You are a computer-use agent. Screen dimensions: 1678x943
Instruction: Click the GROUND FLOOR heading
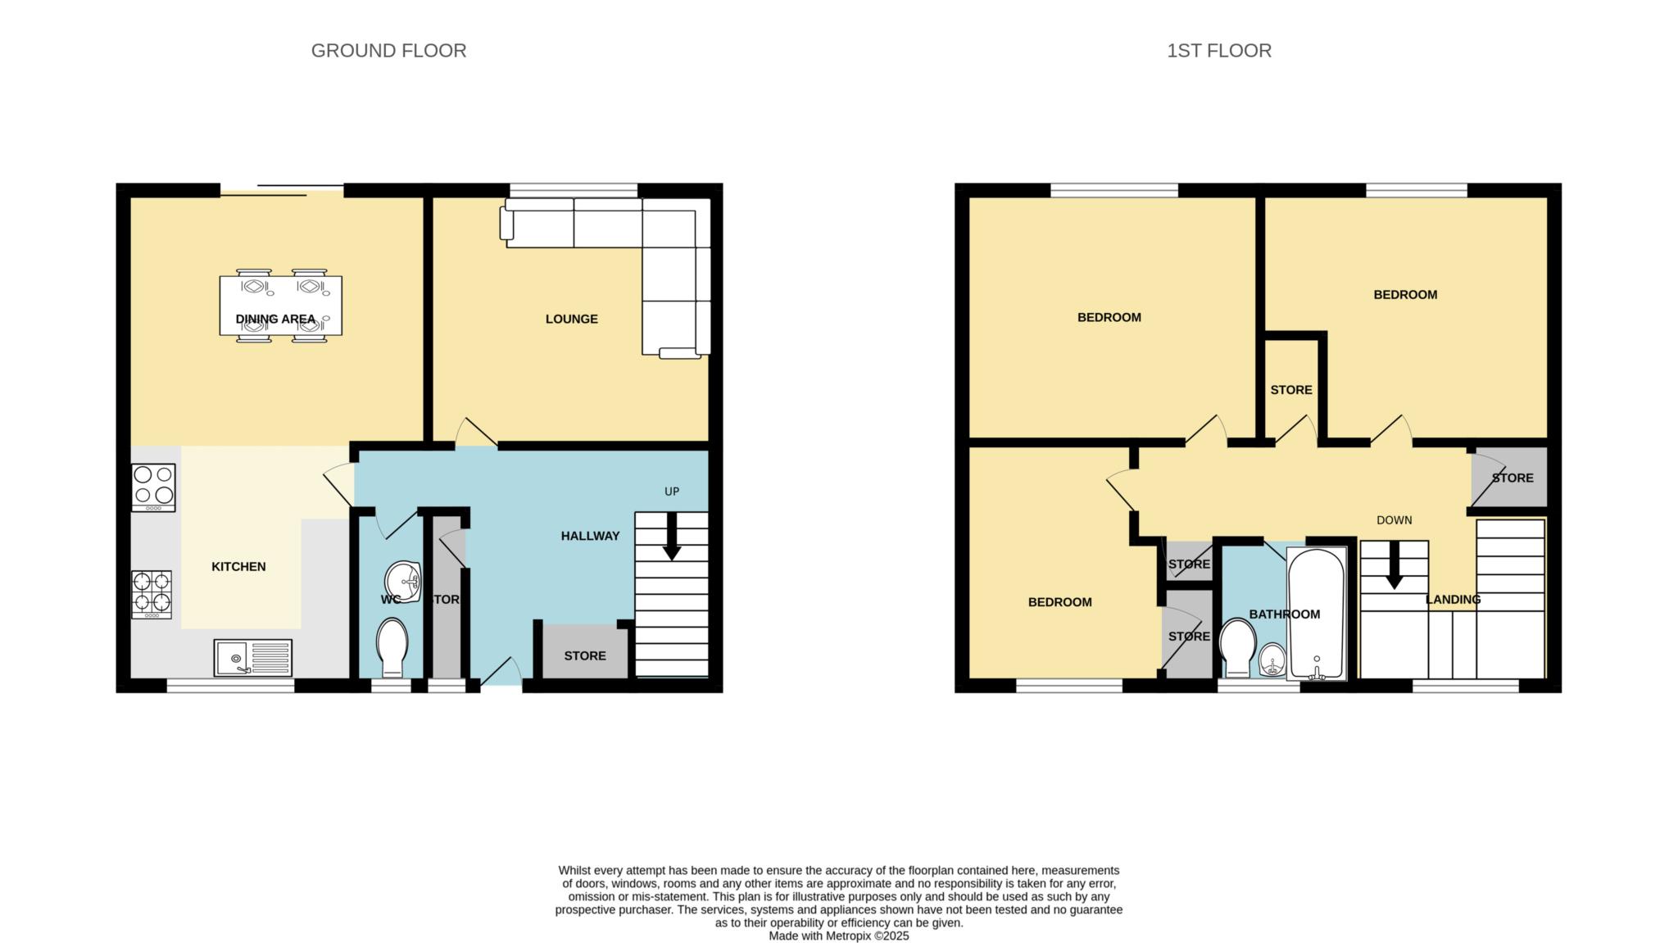tap(388, 51)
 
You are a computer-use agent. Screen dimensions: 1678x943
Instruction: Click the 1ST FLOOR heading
tap(1219, 51)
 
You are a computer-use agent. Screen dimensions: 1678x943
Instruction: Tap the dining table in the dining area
tap(280, 306)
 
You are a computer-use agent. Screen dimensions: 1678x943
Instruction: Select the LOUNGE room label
tap(572, 319)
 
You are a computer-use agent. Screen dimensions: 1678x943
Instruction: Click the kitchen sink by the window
tap(252, 658)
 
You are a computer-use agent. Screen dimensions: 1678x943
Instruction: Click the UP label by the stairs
tap(672, 492)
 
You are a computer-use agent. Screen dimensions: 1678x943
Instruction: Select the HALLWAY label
tap(590, 536)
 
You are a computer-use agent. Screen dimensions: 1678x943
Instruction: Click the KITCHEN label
tap(238, 566)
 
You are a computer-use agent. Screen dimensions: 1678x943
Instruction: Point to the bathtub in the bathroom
tap(1317, 614)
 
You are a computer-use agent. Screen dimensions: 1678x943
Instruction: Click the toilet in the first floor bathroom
tap(1238, 647)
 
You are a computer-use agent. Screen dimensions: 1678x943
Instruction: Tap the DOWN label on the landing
tap(1395, 520)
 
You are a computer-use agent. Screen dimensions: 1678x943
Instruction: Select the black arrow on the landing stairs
tap(1394, 565)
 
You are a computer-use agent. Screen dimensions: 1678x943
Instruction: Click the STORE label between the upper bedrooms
tap(1291, 390)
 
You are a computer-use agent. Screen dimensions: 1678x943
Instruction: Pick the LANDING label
tap(1453, 600)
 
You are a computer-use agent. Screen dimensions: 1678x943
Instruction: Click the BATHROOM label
tap(1284, 614)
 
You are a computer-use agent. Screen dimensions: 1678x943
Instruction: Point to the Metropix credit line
tap(839, 936)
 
